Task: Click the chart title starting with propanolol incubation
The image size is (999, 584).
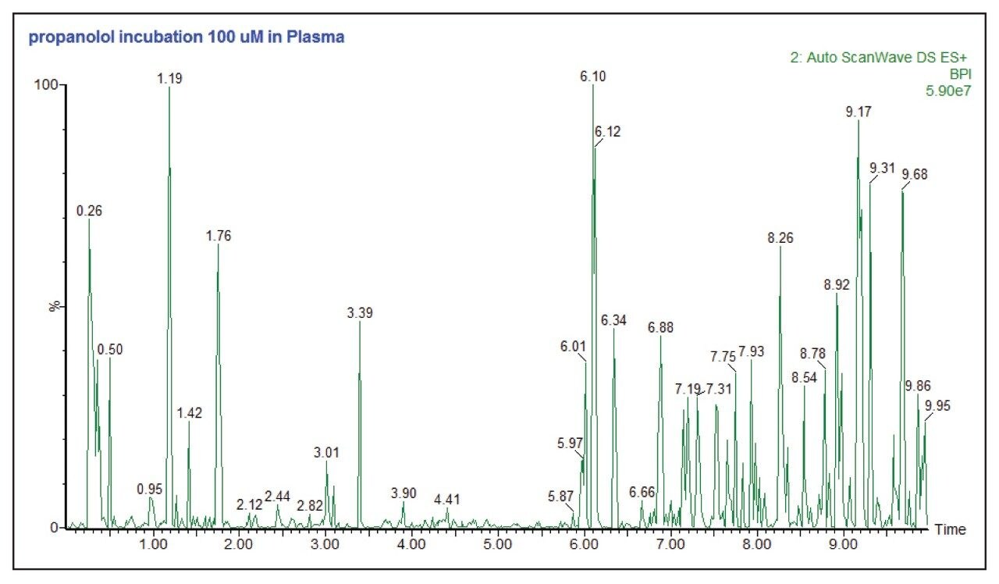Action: pyautogui.click(x=187, y=37)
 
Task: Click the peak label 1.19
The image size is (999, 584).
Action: pyautogui.click(x=169, y=78)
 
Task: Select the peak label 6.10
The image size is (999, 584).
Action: pyautogui.click(x=592, y=77)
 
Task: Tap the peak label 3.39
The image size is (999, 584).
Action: pyautogui.click(x=360, y=313)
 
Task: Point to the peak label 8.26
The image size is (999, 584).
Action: pyautogui.click(x=780, y=239)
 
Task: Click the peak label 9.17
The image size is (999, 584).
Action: pyautogui.click(x=859, y=112)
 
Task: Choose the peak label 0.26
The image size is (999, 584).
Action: pyautogui.click(x=89, y=211)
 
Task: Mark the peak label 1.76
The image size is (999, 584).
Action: pyautogui.click(x=219, y=236)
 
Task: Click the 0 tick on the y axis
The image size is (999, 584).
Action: pyautogui.click(x=55, y=528)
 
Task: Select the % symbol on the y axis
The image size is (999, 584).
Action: pyautogui.click(x=55, y=306)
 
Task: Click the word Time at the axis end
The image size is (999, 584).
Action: pyautogui.click(x=951, y=529)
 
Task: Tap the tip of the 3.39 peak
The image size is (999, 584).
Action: pyautogui.click(x=360, y=322)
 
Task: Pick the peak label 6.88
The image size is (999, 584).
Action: pyautogui.click(x=660, y=327)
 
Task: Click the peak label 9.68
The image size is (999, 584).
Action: pyautogui.click(x=915, y=174)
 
